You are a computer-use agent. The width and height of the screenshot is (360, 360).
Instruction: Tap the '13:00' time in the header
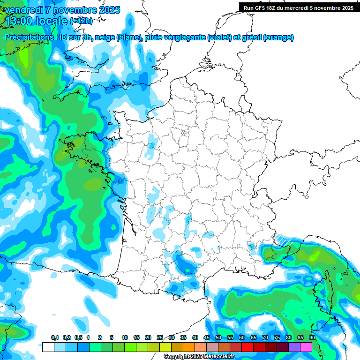tap(19, 21)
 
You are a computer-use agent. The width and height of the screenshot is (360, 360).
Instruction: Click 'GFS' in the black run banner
tap(263, 8)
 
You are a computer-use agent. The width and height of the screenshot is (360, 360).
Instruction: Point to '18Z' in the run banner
tap(277, 8)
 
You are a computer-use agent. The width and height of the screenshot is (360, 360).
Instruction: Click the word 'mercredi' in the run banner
tap(303, 8)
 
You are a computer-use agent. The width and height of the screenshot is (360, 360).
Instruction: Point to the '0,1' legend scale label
tap(54, 337)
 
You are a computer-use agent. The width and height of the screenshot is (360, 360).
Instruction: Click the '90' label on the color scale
tap(312, 337)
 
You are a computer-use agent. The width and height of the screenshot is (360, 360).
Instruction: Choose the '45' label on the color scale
tap(207, 337)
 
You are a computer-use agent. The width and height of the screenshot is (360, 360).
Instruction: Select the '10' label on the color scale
tap(125, 337)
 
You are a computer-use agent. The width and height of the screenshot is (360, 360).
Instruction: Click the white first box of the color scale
tap(48, 347)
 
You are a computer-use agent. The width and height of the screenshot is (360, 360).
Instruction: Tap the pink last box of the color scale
tap(306, 347)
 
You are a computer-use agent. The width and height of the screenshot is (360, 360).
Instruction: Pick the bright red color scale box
tap(247, 347)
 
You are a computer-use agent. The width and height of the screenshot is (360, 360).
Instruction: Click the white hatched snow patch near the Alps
tap(283, 239)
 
